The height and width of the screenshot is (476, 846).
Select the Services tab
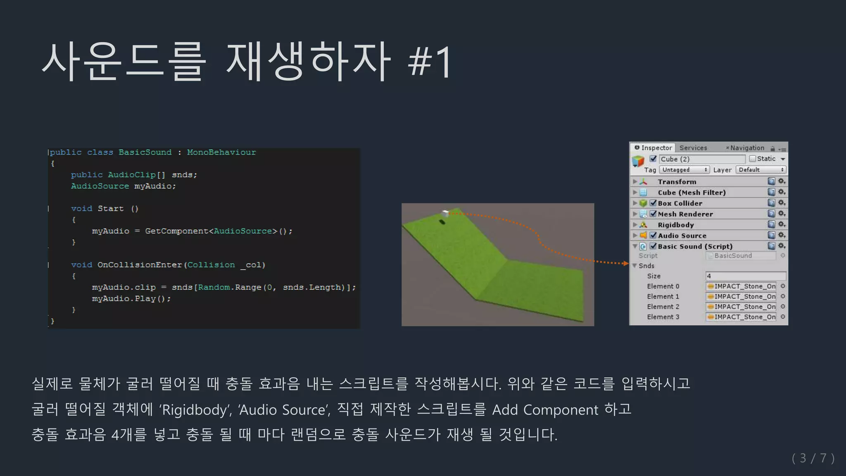pyautogui.click(x=693, y=148)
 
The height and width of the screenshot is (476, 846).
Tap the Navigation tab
pyautogui.click(x=747, y=148)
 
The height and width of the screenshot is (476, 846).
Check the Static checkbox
pyautogui.click(x=753, y=159)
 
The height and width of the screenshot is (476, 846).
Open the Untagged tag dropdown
pyautogui.click(x=684, y=170)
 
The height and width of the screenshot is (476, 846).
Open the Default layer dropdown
pyautogui.click(x=760, y=170)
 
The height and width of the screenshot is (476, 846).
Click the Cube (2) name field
pyautogui.click(x=702, y=159)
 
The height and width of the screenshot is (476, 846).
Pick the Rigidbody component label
pyautogui.click(x=676, y=225)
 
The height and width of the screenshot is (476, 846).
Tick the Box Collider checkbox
pyautogui.click(x=653, y=203)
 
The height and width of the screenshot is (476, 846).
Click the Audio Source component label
pyautogui.click(x=682, y=236)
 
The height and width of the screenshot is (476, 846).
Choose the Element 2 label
pyautogui.click(x=663, y=307)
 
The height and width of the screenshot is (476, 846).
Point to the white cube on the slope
pyautogui.click(x=445, y=213)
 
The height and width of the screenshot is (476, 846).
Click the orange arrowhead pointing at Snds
pyautogui.click(x=626, y=263)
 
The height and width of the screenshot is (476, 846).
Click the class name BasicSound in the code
pyautogui.click(x=145, y=152)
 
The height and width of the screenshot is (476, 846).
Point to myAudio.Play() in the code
pyautogui.click(x=131, y=299)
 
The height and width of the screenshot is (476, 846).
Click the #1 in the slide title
pyautogui.click(x=430, y=63)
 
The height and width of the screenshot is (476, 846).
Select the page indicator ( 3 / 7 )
pyautogui.click(x=813, y=458)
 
